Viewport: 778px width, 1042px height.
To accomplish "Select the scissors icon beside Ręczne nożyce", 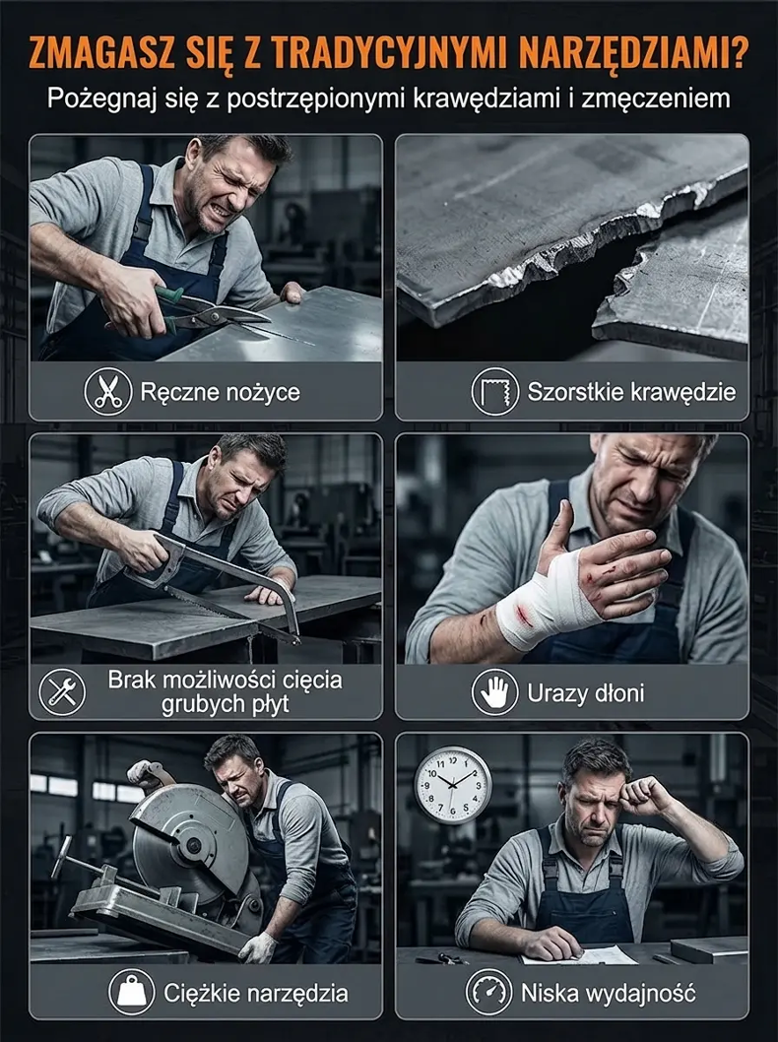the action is click(x=107, y=392).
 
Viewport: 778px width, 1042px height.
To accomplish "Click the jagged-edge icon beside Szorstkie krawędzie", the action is click(x=495, y=392).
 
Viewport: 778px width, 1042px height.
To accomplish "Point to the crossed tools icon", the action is click(x=62, y=691).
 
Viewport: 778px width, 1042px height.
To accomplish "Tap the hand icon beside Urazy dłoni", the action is click(x=495, y=691).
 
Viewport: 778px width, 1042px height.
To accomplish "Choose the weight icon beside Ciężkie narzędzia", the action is click(x=132, y=993).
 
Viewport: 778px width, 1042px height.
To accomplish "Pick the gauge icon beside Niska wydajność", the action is click(x=489, y=993).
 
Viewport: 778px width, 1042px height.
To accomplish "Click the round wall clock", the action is click(x=453, y=786).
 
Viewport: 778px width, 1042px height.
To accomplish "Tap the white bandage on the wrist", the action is click(x=542, y=602).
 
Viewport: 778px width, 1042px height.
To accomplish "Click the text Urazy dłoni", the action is click(x=585, y=692).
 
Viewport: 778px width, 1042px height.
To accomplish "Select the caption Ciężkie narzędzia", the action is click(x=256, y=994).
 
